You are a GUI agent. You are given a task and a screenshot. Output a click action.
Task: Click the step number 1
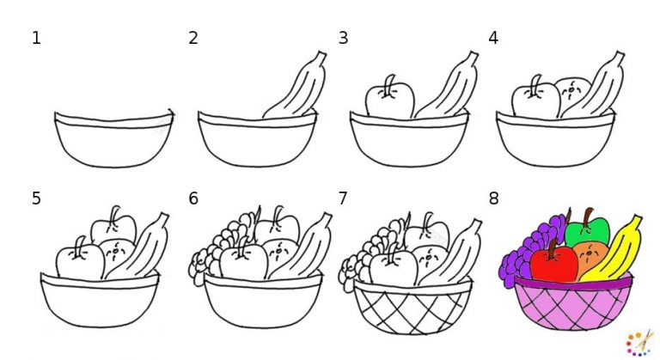tap(36, 38)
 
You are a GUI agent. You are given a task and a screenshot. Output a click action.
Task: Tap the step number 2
tap(193, 38)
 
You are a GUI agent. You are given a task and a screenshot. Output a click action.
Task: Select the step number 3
tap(344, 38)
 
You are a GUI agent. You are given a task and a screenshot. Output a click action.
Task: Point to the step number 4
tap(493, 38)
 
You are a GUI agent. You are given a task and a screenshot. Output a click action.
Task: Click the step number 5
tap(36, 198)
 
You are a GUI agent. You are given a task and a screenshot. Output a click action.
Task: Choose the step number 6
tap(193, 198)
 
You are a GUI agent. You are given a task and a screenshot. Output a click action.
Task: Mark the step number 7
tap(344, 198)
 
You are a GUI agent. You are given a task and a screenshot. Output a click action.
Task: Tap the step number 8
tap(493, 198)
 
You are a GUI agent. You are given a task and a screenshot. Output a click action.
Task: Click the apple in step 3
tap(389, 101)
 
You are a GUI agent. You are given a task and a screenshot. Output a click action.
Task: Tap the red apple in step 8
tap(553, 263)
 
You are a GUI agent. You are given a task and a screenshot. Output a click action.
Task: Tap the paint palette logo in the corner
tap(639, 341)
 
